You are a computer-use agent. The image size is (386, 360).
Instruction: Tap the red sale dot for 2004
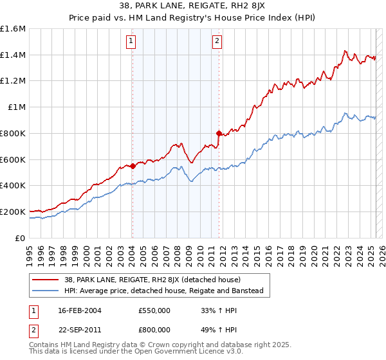coord(133,166)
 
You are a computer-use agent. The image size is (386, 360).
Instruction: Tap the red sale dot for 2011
coord(219,134)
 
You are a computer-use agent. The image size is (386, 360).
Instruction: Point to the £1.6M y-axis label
coord(13,29)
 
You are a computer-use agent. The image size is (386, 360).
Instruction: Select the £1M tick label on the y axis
coord(17,107)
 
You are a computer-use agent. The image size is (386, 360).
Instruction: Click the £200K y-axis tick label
coord(13,212)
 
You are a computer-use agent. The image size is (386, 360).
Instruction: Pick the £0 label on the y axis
coord(20,238)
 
